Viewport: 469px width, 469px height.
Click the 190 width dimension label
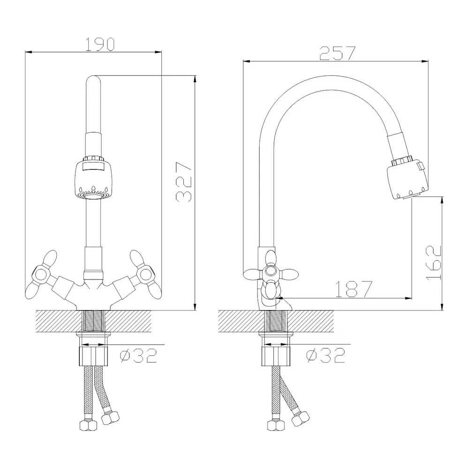coord(100,44)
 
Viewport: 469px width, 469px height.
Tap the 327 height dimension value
coord(184,182)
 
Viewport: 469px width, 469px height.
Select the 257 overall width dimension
coord(337,53)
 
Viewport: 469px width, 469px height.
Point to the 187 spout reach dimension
coord(354,288)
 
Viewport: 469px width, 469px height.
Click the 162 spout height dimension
coord(433,263)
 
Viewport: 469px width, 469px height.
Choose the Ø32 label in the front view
coord(138,356)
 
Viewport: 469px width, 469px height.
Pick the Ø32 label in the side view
coord(326,356)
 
